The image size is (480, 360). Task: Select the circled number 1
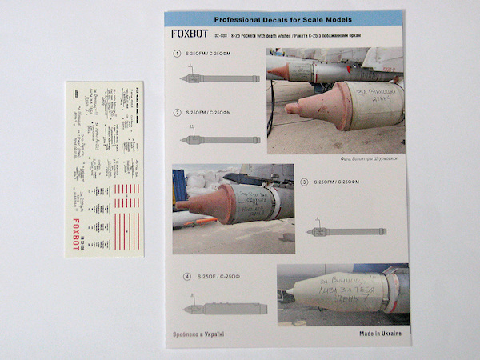click(177, 54)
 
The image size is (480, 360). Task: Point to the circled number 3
click(304, 182)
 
